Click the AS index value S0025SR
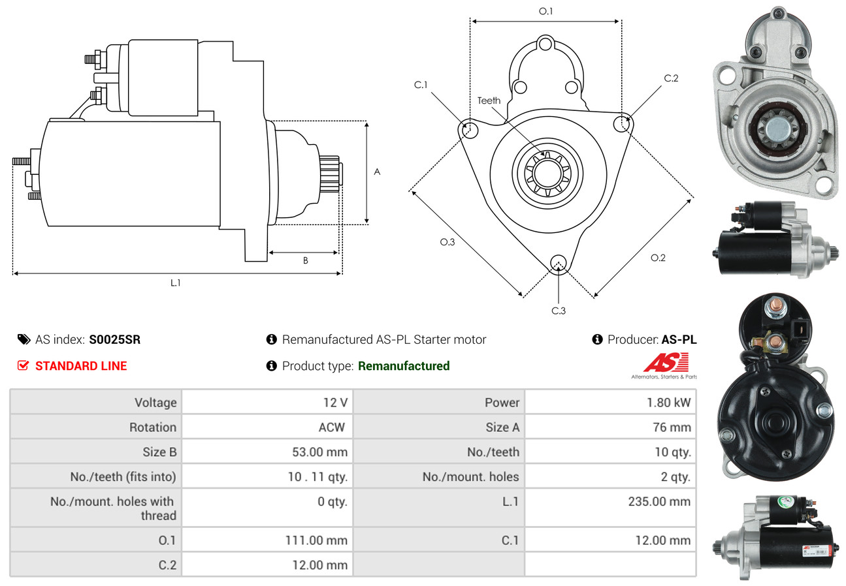114,339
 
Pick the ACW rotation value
332,427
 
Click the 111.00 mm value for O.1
316,540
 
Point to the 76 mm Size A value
672,427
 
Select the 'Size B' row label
159,452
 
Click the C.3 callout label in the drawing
558,311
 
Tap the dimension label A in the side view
377,172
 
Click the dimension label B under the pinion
306,260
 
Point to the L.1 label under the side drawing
176,283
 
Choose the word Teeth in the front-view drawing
489,100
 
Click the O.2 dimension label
658,258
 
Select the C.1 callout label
420,85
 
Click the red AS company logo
666,362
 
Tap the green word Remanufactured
404,366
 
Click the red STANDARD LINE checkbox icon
23,365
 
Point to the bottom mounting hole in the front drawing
558,263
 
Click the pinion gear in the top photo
778,129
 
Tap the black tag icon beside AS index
24,339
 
